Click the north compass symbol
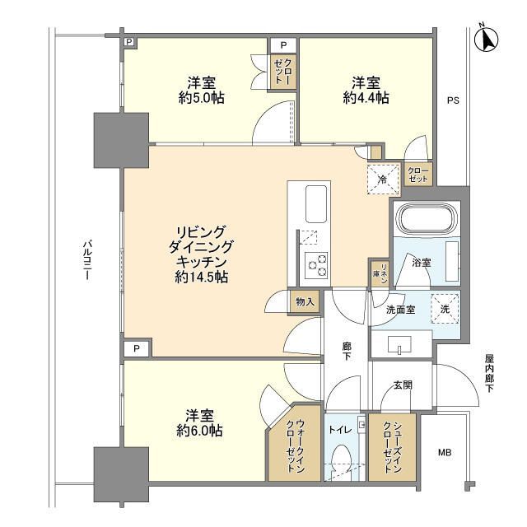pyautogui.click(x=487, y=39)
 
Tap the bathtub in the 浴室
pyautogui.click(x=427, y=218)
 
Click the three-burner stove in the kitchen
pyautogui.click(x=317, y=265)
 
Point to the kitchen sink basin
pyautogui.click(x=316, y=204)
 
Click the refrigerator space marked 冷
pyautogui.click(x=383, y=180)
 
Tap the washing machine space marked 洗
pyautogui.click(x=445, y=309)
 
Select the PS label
pyautogui.click(x=453, y=100)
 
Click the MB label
pyautogui.click(x=445, y=453)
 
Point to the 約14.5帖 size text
pyautogui.click(x=201, y=277)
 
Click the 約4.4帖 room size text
pyautogui.click(x=366, y=98)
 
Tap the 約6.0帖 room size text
pyautogui.click(x=199, y=431)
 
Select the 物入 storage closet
pyautogui.click(x=305, y=302)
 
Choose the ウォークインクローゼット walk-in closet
pyautogui.click(x=294, y=443)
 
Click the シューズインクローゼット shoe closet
pyautogui.click(x=392, y=447)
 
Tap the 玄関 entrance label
pyautogui.click(x=403, y=385)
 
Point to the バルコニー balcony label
pyautogui.click(x=87, y=260)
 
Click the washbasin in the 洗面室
pyautogui.click(x=399, y=345)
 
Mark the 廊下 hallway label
pyautogui.click(x=347, y=352)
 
